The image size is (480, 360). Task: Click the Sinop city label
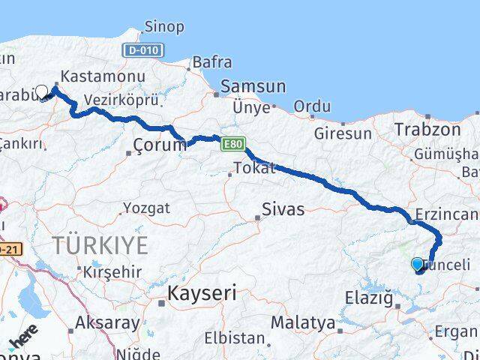[x=164, y=27]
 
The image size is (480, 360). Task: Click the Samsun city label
[x=253, y=86]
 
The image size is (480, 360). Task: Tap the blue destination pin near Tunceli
[x=418, y=264]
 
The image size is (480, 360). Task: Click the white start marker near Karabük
[x=42, y=91]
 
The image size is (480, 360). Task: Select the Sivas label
[x=283, y=209]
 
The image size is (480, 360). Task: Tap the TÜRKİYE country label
[x=100, y=244]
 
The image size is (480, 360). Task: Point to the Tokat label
[x=255, y=168]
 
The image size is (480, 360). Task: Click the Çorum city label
[x=159, y=145]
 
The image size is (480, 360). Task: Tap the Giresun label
[x=343, y=134]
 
